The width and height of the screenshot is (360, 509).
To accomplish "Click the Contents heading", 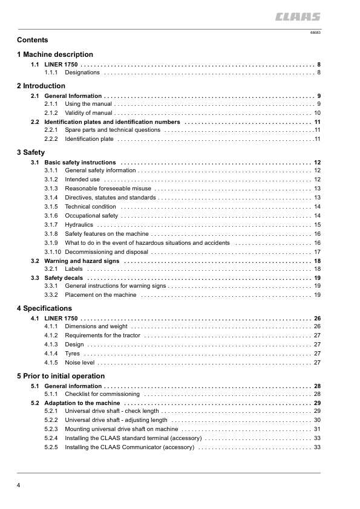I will tap(33, 41).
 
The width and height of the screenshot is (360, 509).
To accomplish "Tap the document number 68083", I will tap(315, 32).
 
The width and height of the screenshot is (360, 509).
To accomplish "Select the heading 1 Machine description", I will tap(55, 54).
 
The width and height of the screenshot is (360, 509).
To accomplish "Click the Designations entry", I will tap(82, 73).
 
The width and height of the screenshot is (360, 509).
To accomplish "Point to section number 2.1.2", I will tap(51, 113).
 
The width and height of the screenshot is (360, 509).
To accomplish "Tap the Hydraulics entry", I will tap(79, 224).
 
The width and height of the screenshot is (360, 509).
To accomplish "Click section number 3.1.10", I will tap(52, 251).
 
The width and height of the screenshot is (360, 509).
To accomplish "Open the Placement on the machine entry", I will tap(100, 295).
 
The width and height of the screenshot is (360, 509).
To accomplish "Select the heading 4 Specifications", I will tap(44, 308).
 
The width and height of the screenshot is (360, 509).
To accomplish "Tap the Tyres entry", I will tap(72, 353).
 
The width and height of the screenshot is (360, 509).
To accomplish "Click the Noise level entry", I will tap(80, 362).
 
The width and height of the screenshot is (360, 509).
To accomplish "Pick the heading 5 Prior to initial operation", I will tap(61, 376).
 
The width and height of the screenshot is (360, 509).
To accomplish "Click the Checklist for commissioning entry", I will tap(102, 394).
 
